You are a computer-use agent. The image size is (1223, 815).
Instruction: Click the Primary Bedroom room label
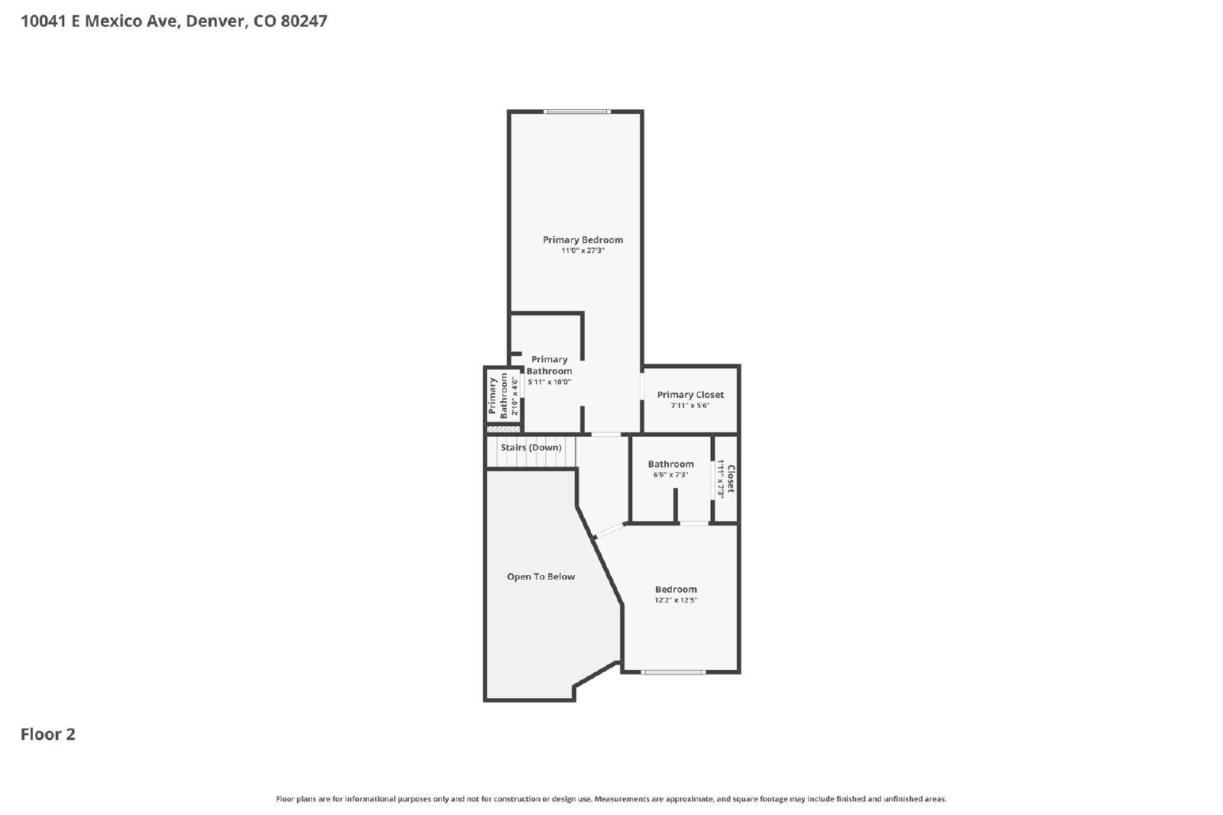[582, 240]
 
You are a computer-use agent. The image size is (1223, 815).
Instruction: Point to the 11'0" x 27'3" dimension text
[582, 251]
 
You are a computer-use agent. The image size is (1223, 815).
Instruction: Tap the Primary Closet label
[690, 395]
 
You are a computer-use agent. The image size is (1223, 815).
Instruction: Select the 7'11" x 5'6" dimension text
[690, 406]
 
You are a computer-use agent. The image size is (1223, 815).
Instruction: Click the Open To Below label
[540, 577]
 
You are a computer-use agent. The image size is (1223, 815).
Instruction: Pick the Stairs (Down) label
[530, 448]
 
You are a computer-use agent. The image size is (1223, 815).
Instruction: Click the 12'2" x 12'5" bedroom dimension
[676, 600]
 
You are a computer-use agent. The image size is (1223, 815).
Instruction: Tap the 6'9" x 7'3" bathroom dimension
[670, 475]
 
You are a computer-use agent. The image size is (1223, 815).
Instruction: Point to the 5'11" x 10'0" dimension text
[549, 383]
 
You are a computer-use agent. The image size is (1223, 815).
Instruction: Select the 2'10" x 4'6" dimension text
[514, 396]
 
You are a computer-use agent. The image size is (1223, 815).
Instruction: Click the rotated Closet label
[731, 479]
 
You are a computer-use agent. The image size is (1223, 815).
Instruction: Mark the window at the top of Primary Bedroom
[576, 112]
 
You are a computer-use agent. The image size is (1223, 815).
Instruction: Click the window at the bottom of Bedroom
[673, 672]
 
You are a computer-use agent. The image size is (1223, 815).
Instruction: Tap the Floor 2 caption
[47, 734]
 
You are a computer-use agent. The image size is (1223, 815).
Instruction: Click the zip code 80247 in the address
[303, 21]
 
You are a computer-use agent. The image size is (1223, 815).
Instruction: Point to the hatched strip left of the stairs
[504, 429]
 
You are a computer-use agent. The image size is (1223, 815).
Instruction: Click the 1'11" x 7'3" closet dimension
[721, 479]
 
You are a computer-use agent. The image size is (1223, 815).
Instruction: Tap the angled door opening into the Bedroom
[609, 530]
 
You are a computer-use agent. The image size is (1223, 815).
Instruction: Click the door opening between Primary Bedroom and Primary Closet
[642, 387]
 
